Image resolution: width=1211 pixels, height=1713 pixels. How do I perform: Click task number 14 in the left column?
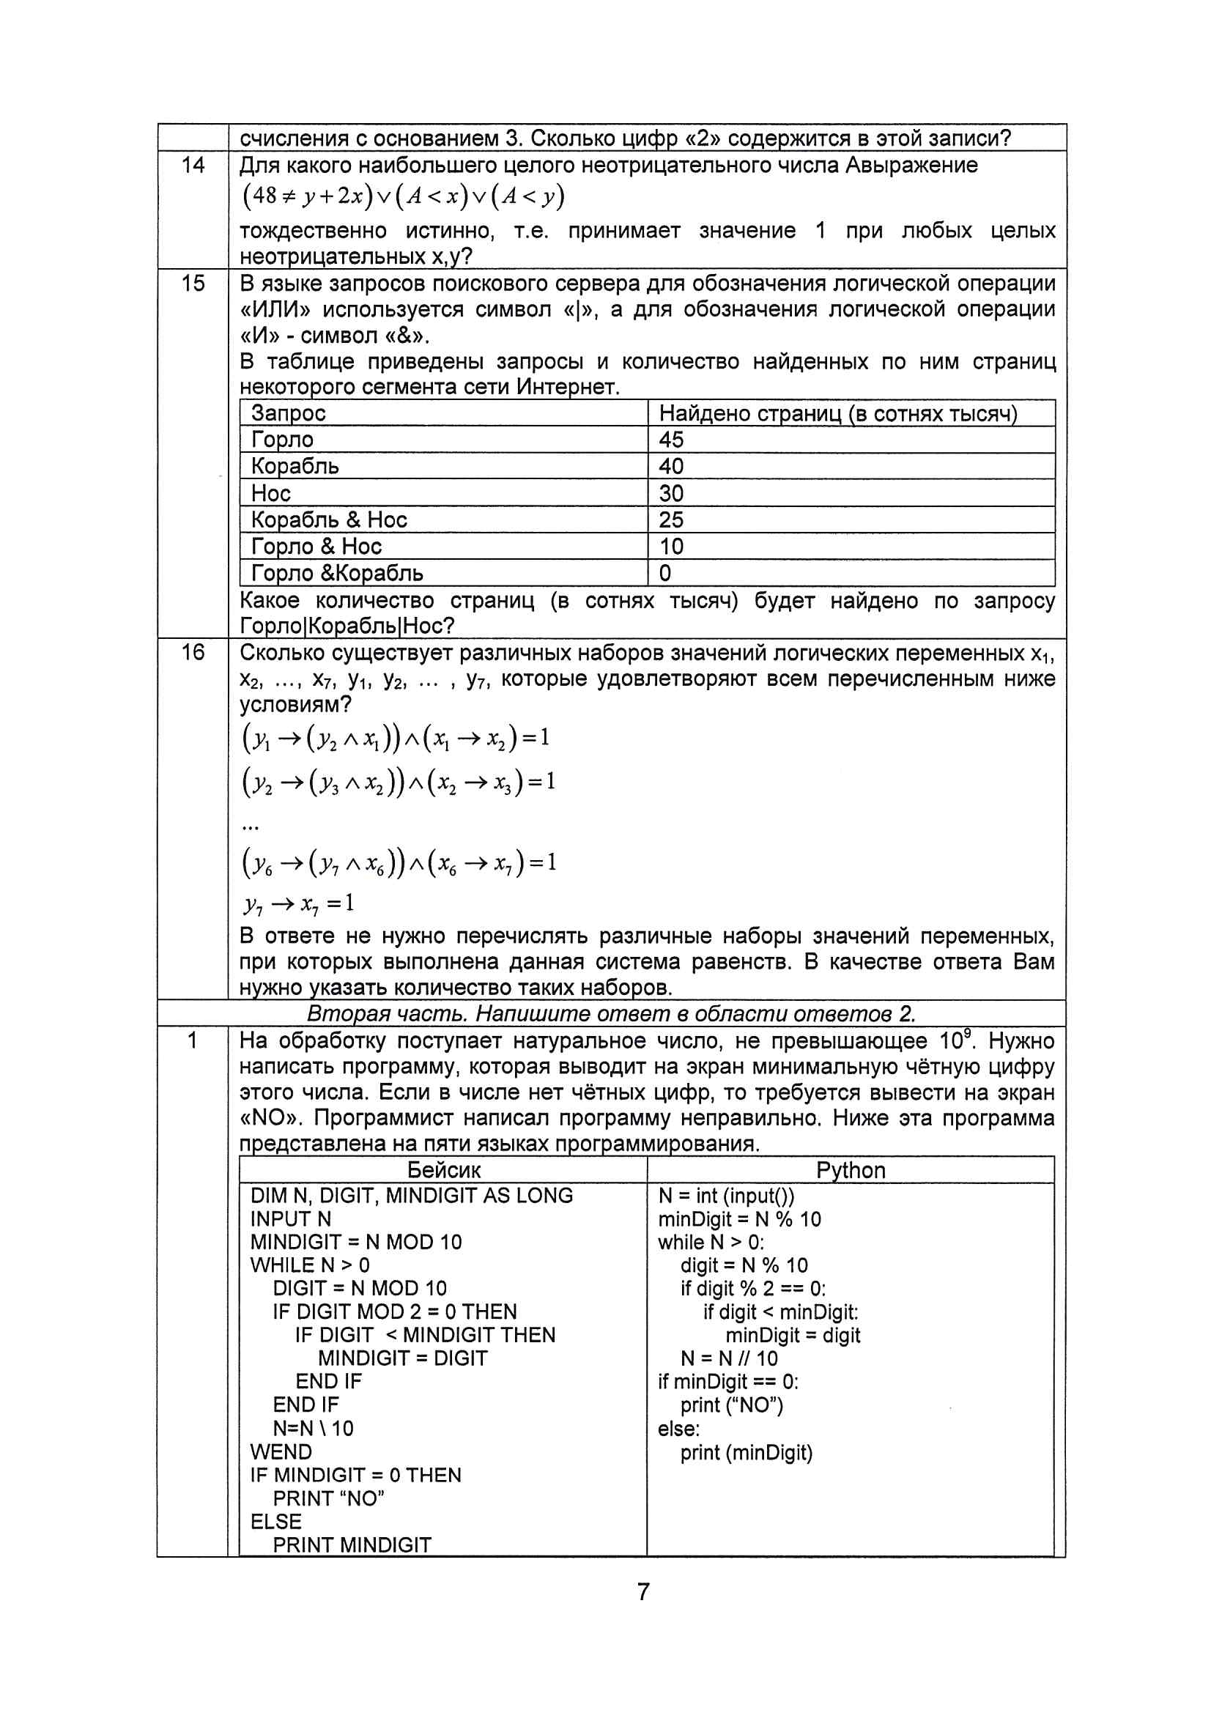193,165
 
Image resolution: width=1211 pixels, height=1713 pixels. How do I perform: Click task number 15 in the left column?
193,284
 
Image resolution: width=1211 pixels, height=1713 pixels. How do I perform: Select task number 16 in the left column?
193,652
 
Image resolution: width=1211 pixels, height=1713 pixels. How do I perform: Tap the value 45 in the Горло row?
671,440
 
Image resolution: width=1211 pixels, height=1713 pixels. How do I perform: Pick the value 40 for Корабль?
671,466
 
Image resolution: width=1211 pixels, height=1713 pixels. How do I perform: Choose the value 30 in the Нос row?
671,493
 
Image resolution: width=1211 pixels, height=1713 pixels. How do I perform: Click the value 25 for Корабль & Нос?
671,519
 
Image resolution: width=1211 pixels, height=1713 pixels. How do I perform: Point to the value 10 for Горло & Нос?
671,546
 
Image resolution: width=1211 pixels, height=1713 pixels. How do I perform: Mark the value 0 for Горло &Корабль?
664,573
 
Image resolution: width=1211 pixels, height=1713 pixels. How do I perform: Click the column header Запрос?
288,413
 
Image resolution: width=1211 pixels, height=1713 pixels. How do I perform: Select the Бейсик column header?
444,1170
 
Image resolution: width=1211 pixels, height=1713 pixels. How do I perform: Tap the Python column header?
851,1170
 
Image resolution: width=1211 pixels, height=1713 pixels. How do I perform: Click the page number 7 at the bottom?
643,1591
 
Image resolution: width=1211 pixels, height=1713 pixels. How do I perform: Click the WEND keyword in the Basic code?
281,1452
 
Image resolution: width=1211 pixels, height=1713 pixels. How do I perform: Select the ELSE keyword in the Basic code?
276,1521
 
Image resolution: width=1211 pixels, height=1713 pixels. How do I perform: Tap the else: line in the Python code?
678,1429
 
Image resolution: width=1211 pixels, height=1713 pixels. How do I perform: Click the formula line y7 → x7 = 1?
298,904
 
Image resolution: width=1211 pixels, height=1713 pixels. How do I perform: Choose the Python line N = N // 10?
729,1358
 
